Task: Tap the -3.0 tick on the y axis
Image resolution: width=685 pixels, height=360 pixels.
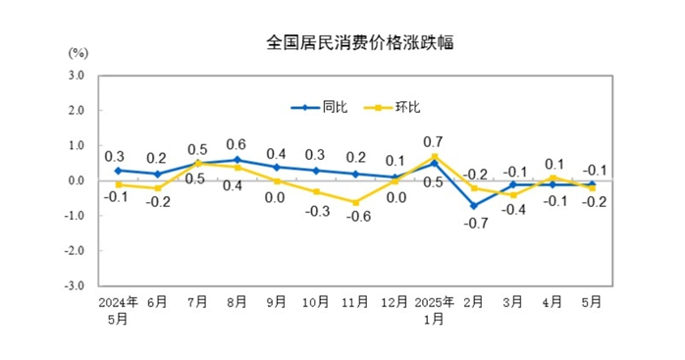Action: pos(76,286)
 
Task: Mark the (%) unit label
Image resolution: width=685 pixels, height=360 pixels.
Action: pos(79,51)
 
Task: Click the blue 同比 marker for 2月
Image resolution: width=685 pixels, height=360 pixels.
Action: pos(475,205)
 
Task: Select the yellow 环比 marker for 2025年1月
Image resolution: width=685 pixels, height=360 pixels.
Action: pos(433,156)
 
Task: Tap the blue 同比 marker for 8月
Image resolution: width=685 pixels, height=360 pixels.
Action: pos(236,160)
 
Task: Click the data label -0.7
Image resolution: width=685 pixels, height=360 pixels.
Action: pos(474,223)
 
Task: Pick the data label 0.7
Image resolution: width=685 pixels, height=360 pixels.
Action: pos(433,140)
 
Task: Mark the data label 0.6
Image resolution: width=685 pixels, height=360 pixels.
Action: pos(236,143)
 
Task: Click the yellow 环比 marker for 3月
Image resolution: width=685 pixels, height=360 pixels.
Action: pos(512,194)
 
